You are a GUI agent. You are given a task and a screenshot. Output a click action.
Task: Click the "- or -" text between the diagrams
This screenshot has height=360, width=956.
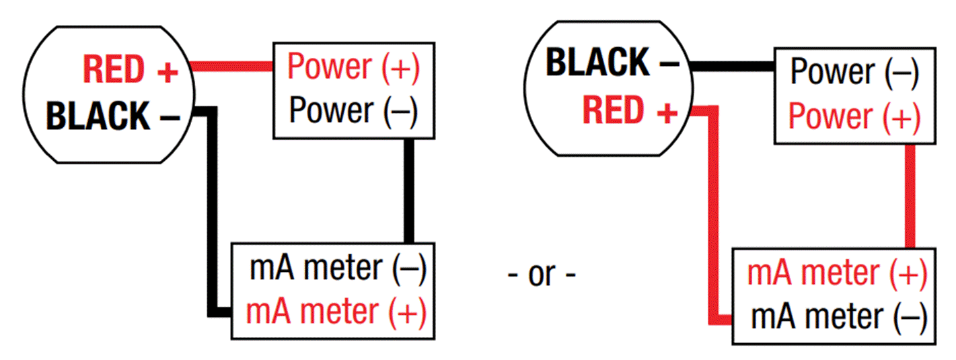tap(542, 275)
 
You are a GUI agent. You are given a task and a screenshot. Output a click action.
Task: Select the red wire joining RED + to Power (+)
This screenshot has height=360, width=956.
tap(232, 66)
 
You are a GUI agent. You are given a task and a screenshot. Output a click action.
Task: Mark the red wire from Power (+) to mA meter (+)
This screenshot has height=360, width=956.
tap(910, 195)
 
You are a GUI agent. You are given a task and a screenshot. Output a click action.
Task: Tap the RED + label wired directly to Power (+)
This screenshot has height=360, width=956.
tap(130, 69)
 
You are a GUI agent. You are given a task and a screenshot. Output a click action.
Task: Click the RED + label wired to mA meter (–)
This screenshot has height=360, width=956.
tap(630, 111)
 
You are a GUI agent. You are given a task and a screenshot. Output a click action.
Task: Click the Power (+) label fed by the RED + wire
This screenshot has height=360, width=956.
tap(353, 67)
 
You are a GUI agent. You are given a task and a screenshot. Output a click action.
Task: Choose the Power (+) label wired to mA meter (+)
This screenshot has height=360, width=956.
tap(854, 116)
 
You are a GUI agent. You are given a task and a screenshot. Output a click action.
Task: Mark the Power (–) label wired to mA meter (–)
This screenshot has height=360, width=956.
tap(353, 110)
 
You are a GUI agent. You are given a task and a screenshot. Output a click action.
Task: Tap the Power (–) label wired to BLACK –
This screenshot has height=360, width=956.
tap(854, 71)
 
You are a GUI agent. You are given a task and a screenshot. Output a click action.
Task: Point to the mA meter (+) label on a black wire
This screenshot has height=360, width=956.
tap(336, 312)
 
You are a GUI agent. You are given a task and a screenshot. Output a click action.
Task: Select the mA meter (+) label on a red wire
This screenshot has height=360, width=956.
tap(837, 273)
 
